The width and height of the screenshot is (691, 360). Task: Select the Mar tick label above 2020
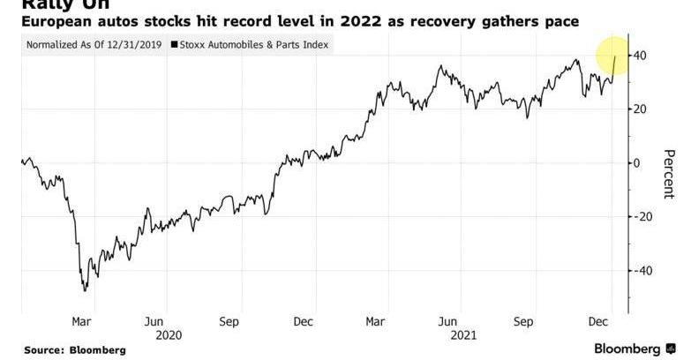[81, 321]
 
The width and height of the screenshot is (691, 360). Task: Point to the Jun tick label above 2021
[448, 321]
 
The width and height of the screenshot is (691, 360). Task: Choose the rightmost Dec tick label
[599, 321]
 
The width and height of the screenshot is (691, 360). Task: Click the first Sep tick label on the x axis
[229, 321]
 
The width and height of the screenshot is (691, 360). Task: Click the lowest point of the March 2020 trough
[84, 290]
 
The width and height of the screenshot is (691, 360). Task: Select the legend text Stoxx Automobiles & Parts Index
[254, 43]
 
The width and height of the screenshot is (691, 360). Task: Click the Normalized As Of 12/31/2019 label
[94, 43]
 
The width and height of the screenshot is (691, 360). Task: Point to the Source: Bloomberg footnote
[74, 350]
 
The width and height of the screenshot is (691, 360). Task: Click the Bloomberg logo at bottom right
[633, 349]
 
